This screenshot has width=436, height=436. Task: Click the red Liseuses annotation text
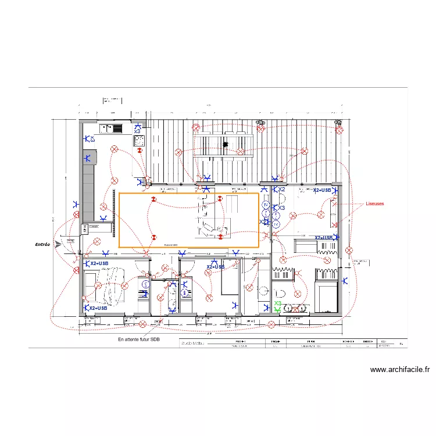pos(375,204)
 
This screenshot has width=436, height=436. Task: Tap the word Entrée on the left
pos(42,245)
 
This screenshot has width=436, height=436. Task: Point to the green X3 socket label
pos(278,304)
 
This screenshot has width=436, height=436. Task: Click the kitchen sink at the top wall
pos(110,128)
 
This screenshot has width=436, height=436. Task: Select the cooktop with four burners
pos(139,141)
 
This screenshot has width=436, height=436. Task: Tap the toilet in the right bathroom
pos(280,292)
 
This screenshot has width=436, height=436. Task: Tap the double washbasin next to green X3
pos(296,308)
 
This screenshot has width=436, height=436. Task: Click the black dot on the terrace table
pos(225,144)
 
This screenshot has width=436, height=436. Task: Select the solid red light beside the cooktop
pos(140,151)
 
